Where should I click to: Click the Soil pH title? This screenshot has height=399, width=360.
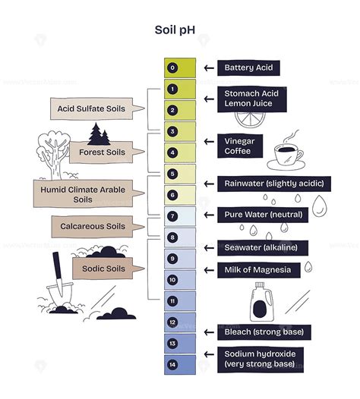179,32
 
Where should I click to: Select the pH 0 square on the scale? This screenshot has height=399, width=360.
172,68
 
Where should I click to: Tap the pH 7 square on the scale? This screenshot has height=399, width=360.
172,216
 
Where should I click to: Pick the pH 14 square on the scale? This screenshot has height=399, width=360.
172,365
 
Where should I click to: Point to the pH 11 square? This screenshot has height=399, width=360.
172,301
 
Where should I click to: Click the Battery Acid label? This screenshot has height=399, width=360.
248,68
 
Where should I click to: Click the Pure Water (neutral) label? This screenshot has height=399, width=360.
263,215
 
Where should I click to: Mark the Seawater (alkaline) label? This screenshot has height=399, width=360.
265,247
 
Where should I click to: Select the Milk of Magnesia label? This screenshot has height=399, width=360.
258,269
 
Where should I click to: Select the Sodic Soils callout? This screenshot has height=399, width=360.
104,269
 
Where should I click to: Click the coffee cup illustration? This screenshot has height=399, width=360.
286,156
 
